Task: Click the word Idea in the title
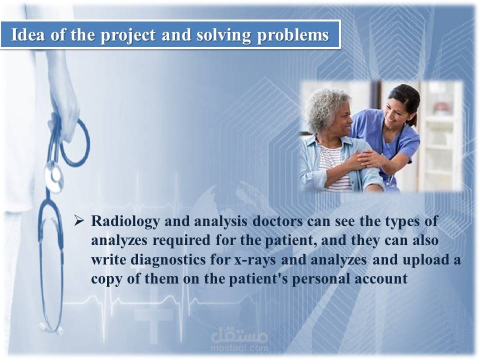[x=28, y=34]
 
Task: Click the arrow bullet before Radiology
[x=78, y=220]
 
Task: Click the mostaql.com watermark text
[x=239, y=348]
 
